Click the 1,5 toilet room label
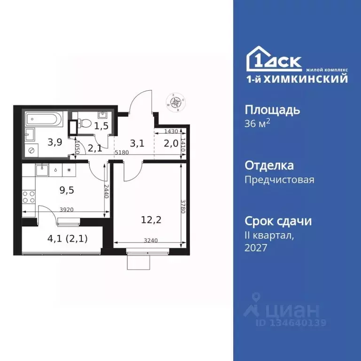[x=101, y=126]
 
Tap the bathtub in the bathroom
[x=43, y=119]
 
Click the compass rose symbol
[x=177, y=102]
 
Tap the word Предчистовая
[x=280, y=179]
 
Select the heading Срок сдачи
[x=278, y=221]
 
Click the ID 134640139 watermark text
[x=291, y=323]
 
